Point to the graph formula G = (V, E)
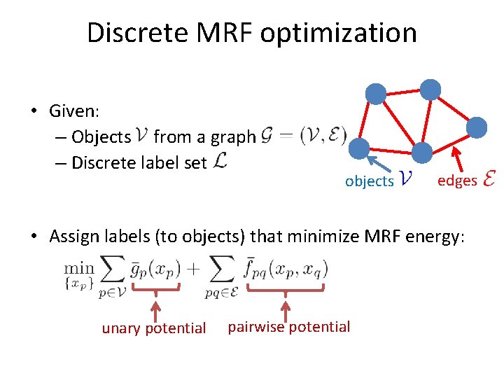303,136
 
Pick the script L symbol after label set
220,162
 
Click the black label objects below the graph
369,181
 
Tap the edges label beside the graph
457,181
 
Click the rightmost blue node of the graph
477,127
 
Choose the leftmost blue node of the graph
358,148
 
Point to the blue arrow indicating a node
381,167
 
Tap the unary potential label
154,328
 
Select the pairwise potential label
289,326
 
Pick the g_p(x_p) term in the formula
157,268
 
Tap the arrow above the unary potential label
156,308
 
